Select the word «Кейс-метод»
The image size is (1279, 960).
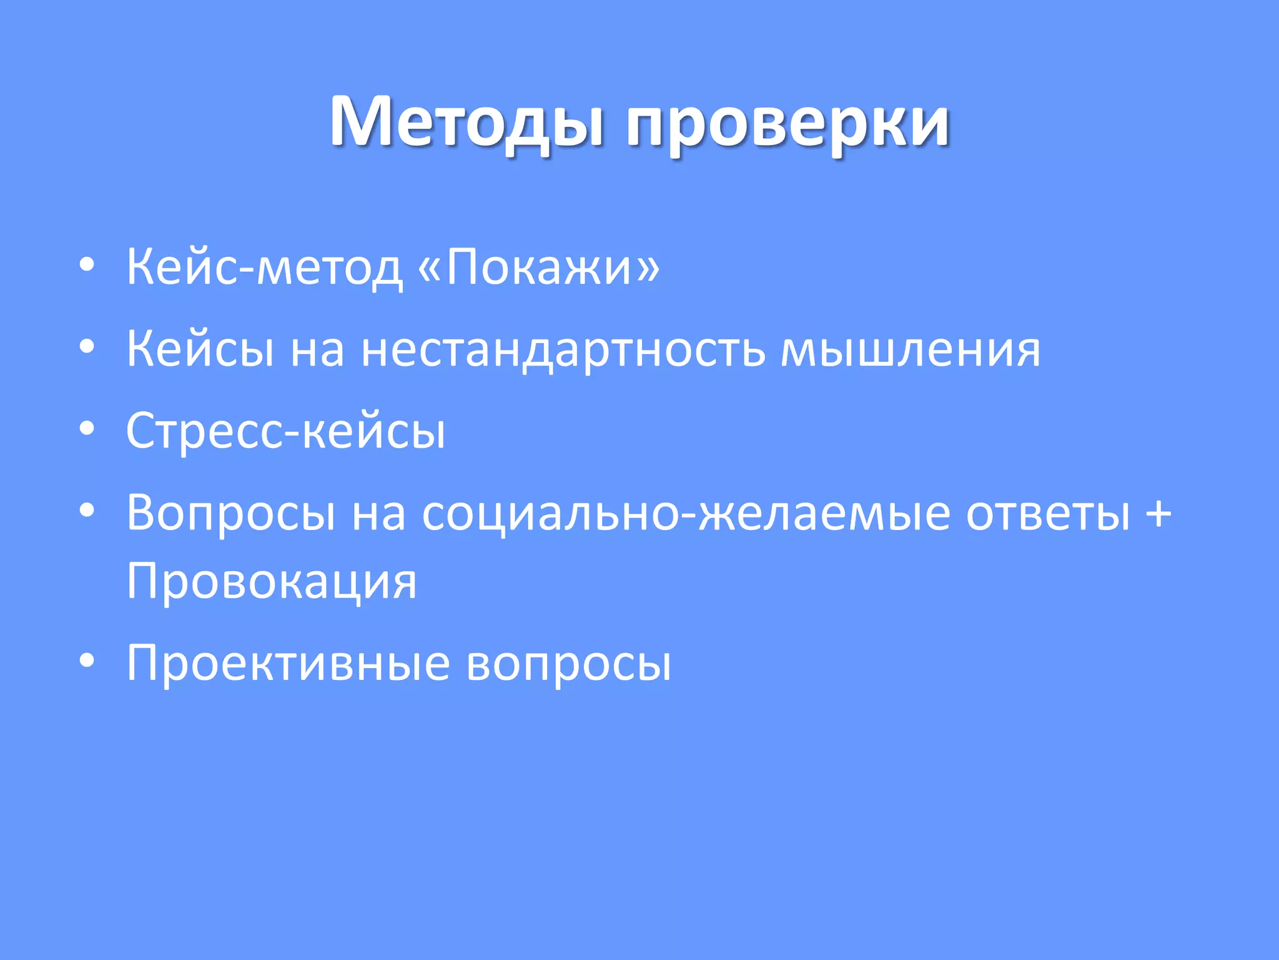coord(264,267)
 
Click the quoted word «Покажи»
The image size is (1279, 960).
coord(538,267)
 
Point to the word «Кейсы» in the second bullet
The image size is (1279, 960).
coord(200,349)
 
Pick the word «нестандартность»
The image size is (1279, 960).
coord(563,349)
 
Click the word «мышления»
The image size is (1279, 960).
coord(910,349)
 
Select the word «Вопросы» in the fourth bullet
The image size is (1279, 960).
coord(231,514)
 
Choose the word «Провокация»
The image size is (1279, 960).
coord(271,582)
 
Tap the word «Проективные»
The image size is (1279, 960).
coord(288,664)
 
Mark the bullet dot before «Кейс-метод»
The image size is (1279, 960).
coord(87,266)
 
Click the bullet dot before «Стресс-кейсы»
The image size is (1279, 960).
coord(87,429)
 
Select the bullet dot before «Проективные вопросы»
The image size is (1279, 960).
coord(87,661)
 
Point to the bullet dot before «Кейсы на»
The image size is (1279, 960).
coord(87,347)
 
